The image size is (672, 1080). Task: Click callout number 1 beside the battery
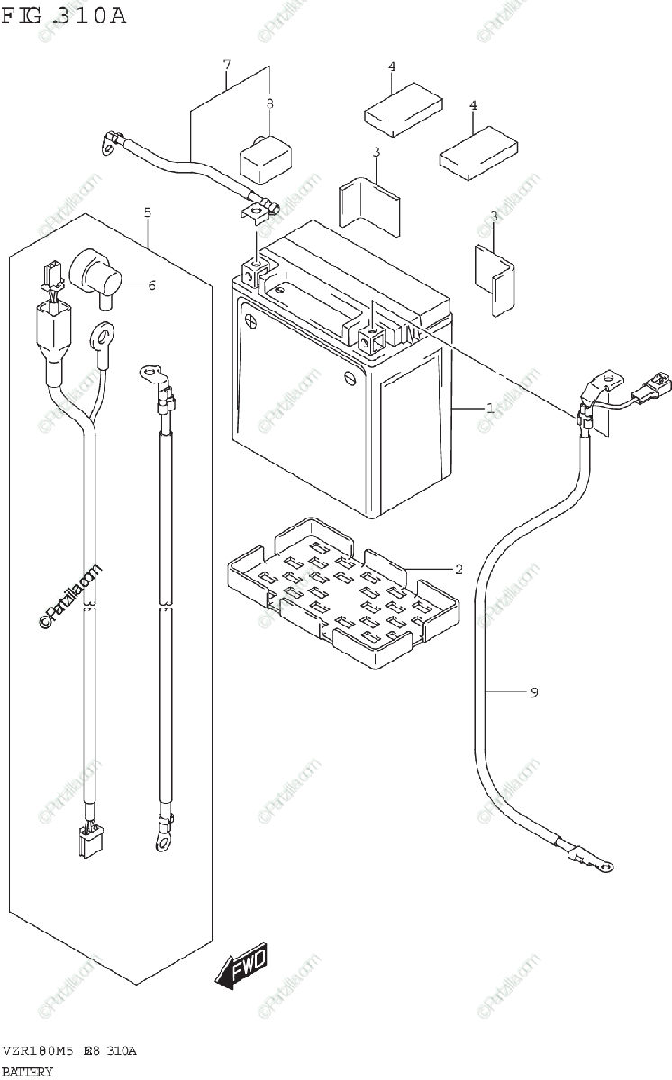(489, 409)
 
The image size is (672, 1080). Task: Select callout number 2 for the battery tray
(458, 569)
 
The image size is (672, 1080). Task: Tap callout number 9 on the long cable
(533, 692)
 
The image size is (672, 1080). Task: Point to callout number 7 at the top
(227, 65)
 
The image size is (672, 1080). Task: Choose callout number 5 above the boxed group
(147, 212)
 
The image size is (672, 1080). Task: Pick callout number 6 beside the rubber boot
(151, 285)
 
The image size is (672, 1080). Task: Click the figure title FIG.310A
(63, 16)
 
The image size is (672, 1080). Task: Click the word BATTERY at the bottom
(27, 1071)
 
